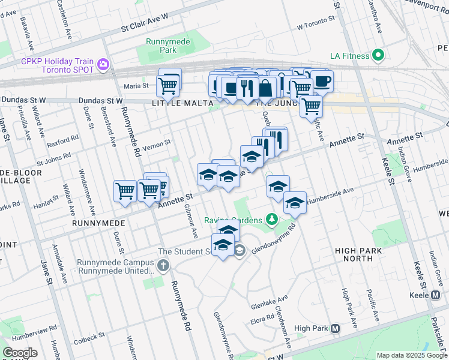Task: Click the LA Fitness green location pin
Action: point(378,56)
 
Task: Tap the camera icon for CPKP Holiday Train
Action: point(103,64)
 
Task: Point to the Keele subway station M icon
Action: point(436,295)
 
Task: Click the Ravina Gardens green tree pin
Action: point(272,219)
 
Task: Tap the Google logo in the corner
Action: point(20,353)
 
